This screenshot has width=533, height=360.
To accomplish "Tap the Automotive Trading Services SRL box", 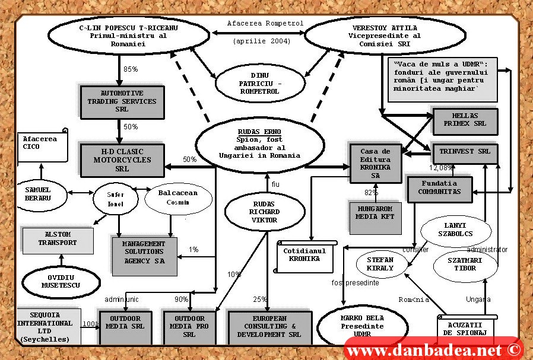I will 122,101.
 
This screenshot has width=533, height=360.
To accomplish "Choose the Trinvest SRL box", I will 465,152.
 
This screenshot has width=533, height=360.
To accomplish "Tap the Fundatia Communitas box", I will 439,188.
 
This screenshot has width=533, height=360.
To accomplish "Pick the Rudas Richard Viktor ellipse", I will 265,212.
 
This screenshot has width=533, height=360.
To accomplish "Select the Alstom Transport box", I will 58,239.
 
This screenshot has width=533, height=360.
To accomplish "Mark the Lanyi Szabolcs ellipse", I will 455,230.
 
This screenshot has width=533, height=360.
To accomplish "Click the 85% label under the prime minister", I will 131,69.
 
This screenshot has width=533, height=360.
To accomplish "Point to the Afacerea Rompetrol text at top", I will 265,24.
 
